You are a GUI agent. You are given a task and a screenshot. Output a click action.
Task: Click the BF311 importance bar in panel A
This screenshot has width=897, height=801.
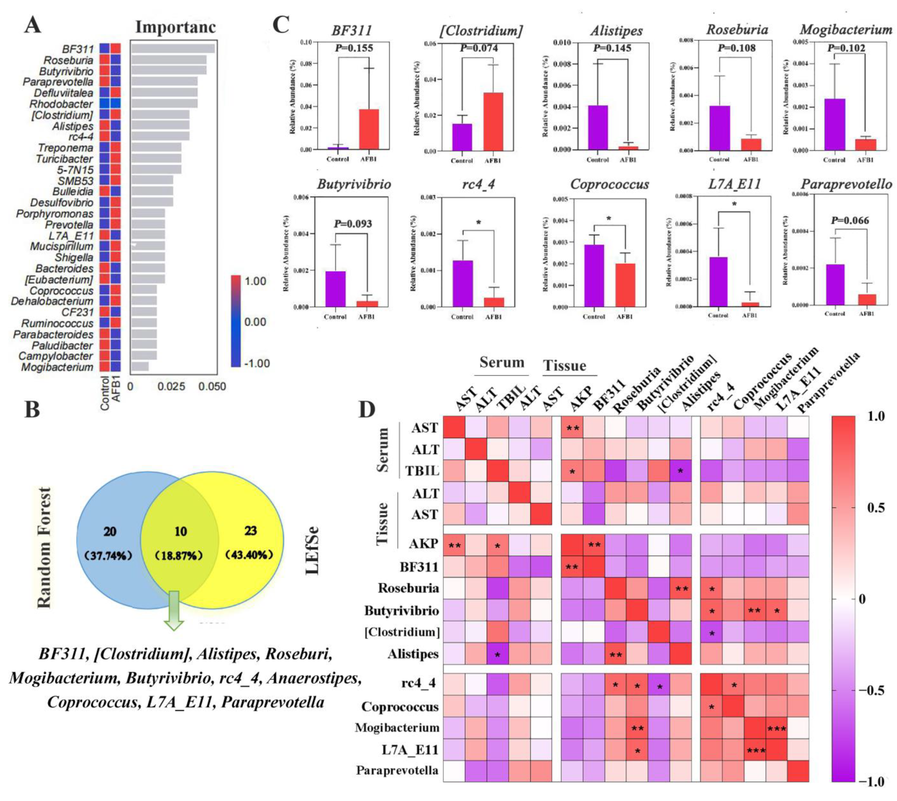tap(173, 48)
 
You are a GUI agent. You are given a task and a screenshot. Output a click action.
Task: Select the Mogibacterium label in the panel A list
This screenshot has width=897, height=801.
tap(57, 367)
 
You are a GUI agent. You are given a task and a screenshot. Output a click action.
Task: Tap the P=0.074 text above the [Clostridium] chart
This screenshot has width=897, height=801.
tap(479, 48)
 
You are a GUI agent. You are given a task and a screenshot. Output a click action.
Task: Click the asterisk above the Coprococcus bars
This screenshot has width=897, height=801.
tap(609, 219)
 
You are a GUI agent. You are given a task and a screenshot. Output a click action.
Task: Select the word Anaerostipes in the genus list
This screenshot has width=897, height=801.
tap(314, 678)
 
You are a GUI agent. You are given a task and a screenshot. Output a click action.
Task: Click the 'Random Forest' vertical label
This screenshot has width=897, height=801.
tap(44, 548)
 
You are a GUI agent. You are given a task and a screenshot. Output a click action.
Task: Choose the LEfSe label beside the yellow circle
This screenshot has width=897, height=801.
tap(312, 550)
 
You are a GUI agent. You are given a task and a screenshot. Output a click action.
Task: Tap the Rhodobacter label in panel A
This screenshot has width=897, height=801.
tap(61, 104)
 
